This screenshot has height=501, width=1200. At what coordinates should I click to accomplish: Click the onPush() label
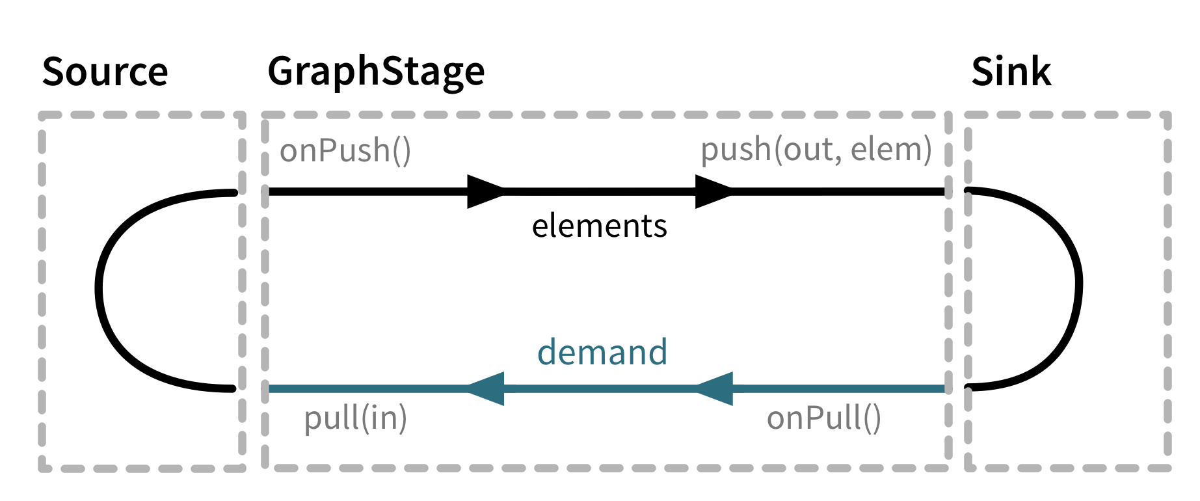(x=345, y=151)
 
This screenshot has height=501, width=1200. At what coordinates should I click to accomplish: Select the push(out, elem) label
(x=816, y=150)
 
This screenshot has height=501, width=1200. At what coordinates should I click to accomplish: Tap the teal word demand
(x=602, y=352)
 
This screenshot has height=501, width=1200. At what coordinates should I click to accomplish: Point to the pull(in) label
(x=355, y=418)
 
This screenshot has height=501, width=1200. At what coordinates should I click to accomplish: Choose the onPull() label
(x=823, y=418)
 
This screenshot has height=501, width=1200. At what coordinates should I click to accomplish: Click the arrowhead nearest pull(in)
(x=487, y=389)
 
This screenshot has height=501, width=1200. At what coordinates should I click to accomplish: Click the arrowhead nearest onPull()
(x=715, y=389)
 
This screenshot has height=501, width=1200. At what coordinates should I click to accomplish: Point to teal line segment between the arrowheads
(x=598, y=389)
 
